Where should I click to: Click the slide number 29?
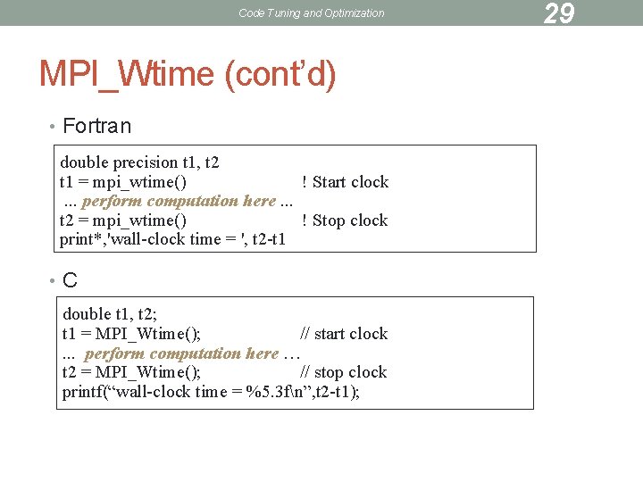pos(559,12)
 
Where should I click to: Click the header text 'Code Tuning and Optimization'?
pos(312,12)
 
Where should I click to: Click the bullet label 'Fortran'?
pos(97,126)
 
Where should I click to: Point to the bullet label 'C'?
pos(70,280)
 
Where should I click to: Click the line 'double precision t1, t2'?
pos(139,162)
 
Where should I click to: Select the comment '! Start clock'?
pos(345,182)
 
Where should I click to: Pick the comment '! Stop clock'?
pos(345,220)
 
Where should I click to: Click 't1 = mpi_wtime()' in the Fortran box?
pos(123,182)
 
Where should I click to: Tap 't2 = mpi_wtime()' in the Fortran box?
pos(123,220)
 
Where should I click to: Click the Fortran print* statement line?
pos(172,239)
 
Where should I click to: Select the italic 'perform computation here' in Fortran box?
pos(179,201)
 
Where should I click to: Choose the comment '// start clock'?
pos(344,334)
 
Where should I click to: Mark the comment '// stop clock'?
pos(344,372)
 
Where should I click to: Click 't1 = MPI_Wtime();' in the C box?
pos(131,334)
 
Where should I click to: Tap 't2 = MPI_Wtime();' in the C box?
pos(131,372)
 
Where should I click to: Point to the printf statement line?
pos(211,392)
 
